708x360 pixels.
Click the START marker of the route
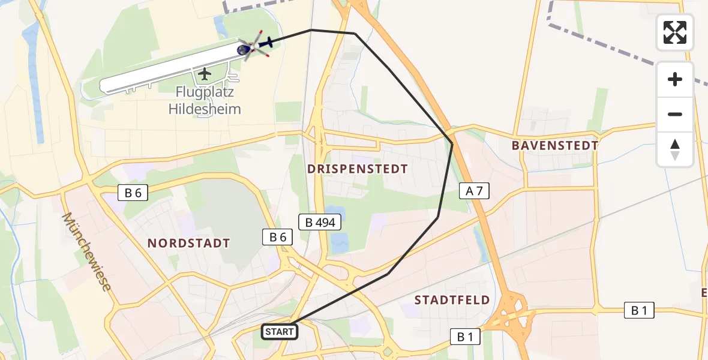tap(280, 331)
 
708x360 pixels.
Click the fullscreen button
tap(675, 32)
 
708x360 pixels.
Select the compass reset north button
tap(675, 149)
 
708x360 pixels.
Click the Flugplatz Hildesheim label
tap(205, 101)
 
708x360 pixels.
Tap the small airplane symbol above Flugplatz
tap(205, 74)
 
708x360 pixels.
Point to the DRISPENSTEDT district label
tap(358, 169)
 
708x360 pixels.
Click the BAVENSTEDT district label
tap(555, 145)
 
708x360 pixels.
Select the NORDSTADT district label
tap(189, 243)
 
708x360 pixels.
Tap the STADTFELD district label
tap(452, 299)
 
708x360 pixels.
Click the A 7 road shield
tap(475, 191)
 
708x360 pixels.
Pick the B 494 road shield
tap(321, 223)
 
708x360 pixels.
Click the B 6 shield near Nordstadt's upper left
tap(133, 193)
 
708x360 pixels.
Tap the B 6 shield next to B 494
tap(278, 237)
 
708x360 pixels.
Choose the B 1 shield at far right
tap(639, 310)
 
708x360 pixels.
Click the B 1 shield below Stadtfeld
tap(466, 337)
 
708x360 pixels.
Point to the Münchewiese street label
tap(86, 252)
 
